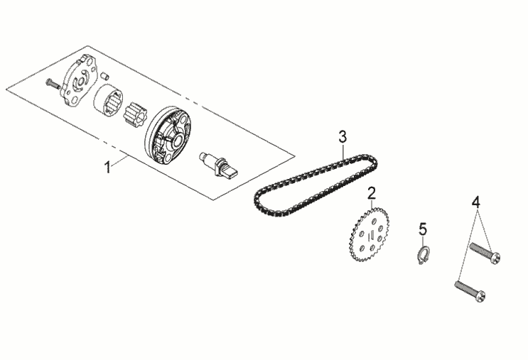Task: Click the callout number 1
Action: click(x=107, y=167)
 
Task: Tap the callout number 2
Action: click(x=371, y=193)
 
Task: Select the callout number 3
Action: click(x=342, y=137)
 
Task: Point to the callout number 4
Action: click(x=476, y=202)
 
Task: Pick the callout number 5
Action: click(x=423, y=229)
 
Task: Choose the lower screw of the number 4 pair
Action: click(x=470, y=291)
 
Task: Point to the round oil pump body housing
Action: click(x=168, y=136)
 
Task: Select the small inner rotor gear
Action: click(x=135, y=114)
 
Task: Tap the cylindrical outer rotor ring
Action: click(x=108, y=99)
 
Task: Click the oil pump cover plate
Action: click(x=78, y=82)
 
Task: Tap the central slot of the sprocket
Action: click(x=372, y=236)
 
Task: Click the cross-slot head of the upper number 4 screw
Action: click(x=496, y=258)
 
